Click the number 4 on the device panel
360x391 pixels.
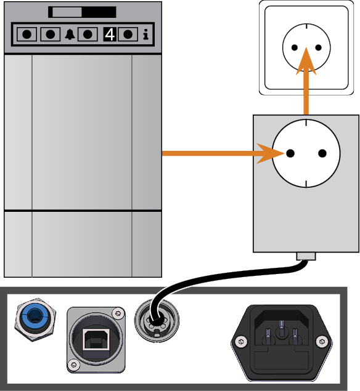[110, 34]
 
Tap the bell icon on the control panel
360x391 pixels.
[70, 34]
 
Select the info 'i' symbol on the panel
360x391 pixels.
[146, 34]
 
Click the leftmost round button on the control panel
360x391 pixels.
[27, 34]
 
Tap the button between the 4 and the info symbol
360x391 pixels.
[128, 34]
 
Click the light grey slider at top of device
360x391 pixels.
[67, 12]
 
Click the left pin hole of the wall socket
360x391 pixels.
[295, 47]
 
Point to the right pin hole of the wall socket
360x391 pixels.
[318, 47]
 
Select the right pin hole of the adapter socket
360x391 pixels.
[322, 153]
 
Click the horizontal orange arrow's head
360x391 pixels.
[271, 153]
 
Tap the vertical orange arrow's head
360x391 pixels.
[306, 61]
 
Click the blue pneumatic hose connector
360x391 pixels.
[35, 320]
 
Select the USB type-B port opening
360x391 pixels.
[96, 339]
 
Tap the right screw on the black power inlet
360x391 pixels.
[322, 341]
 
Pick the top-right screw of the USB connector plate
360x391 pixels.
[118, 312]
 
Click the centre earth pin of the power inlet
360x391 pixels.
[281, 325]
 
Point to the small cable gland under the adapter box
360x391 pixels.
[306, 256]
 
